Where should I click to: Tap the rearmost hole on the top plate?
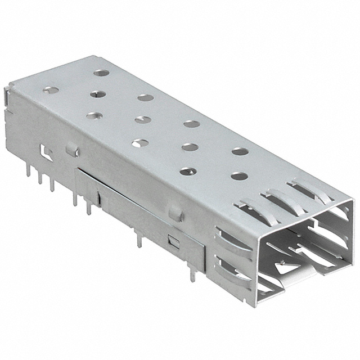coord(102,73)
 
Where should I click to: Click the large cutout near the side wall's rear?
coord(44,151)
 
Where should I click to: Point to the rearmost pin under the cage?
coord(27,172)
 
